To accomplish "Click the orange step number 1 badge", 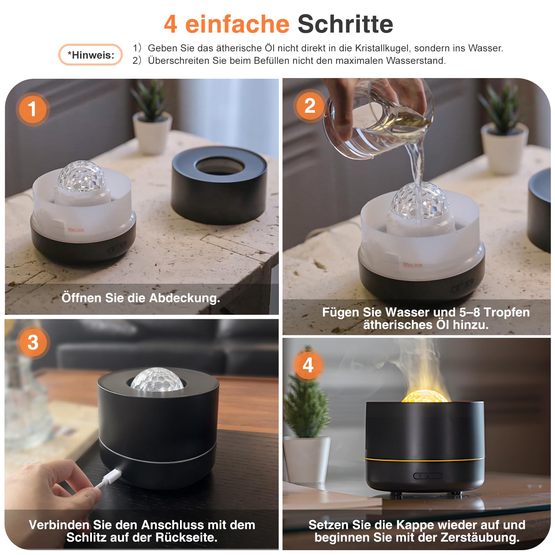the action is point(33,109).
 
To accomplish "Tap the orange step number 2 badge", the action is point(310,106).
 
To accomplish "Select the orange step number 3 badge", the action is point(33,342).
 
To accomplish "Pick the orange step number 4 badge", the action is point(308,365).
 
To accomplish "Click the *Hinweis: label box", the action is point(91,55).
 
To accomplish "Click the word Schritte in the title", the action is point(345,24).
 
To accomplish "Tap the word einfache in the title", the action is point(237,24).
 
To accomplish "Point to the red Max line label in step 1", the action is point(76,229).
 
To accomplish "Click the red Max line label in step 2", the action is point(413,265).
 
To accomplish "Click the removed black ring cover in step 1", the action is point(219,186).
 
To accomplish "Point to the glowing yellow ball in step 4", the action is point(425,396).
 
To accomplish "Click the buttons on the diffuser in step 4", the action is point(428,476).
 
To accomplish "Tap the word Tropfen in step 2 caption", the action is point(507,312).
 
